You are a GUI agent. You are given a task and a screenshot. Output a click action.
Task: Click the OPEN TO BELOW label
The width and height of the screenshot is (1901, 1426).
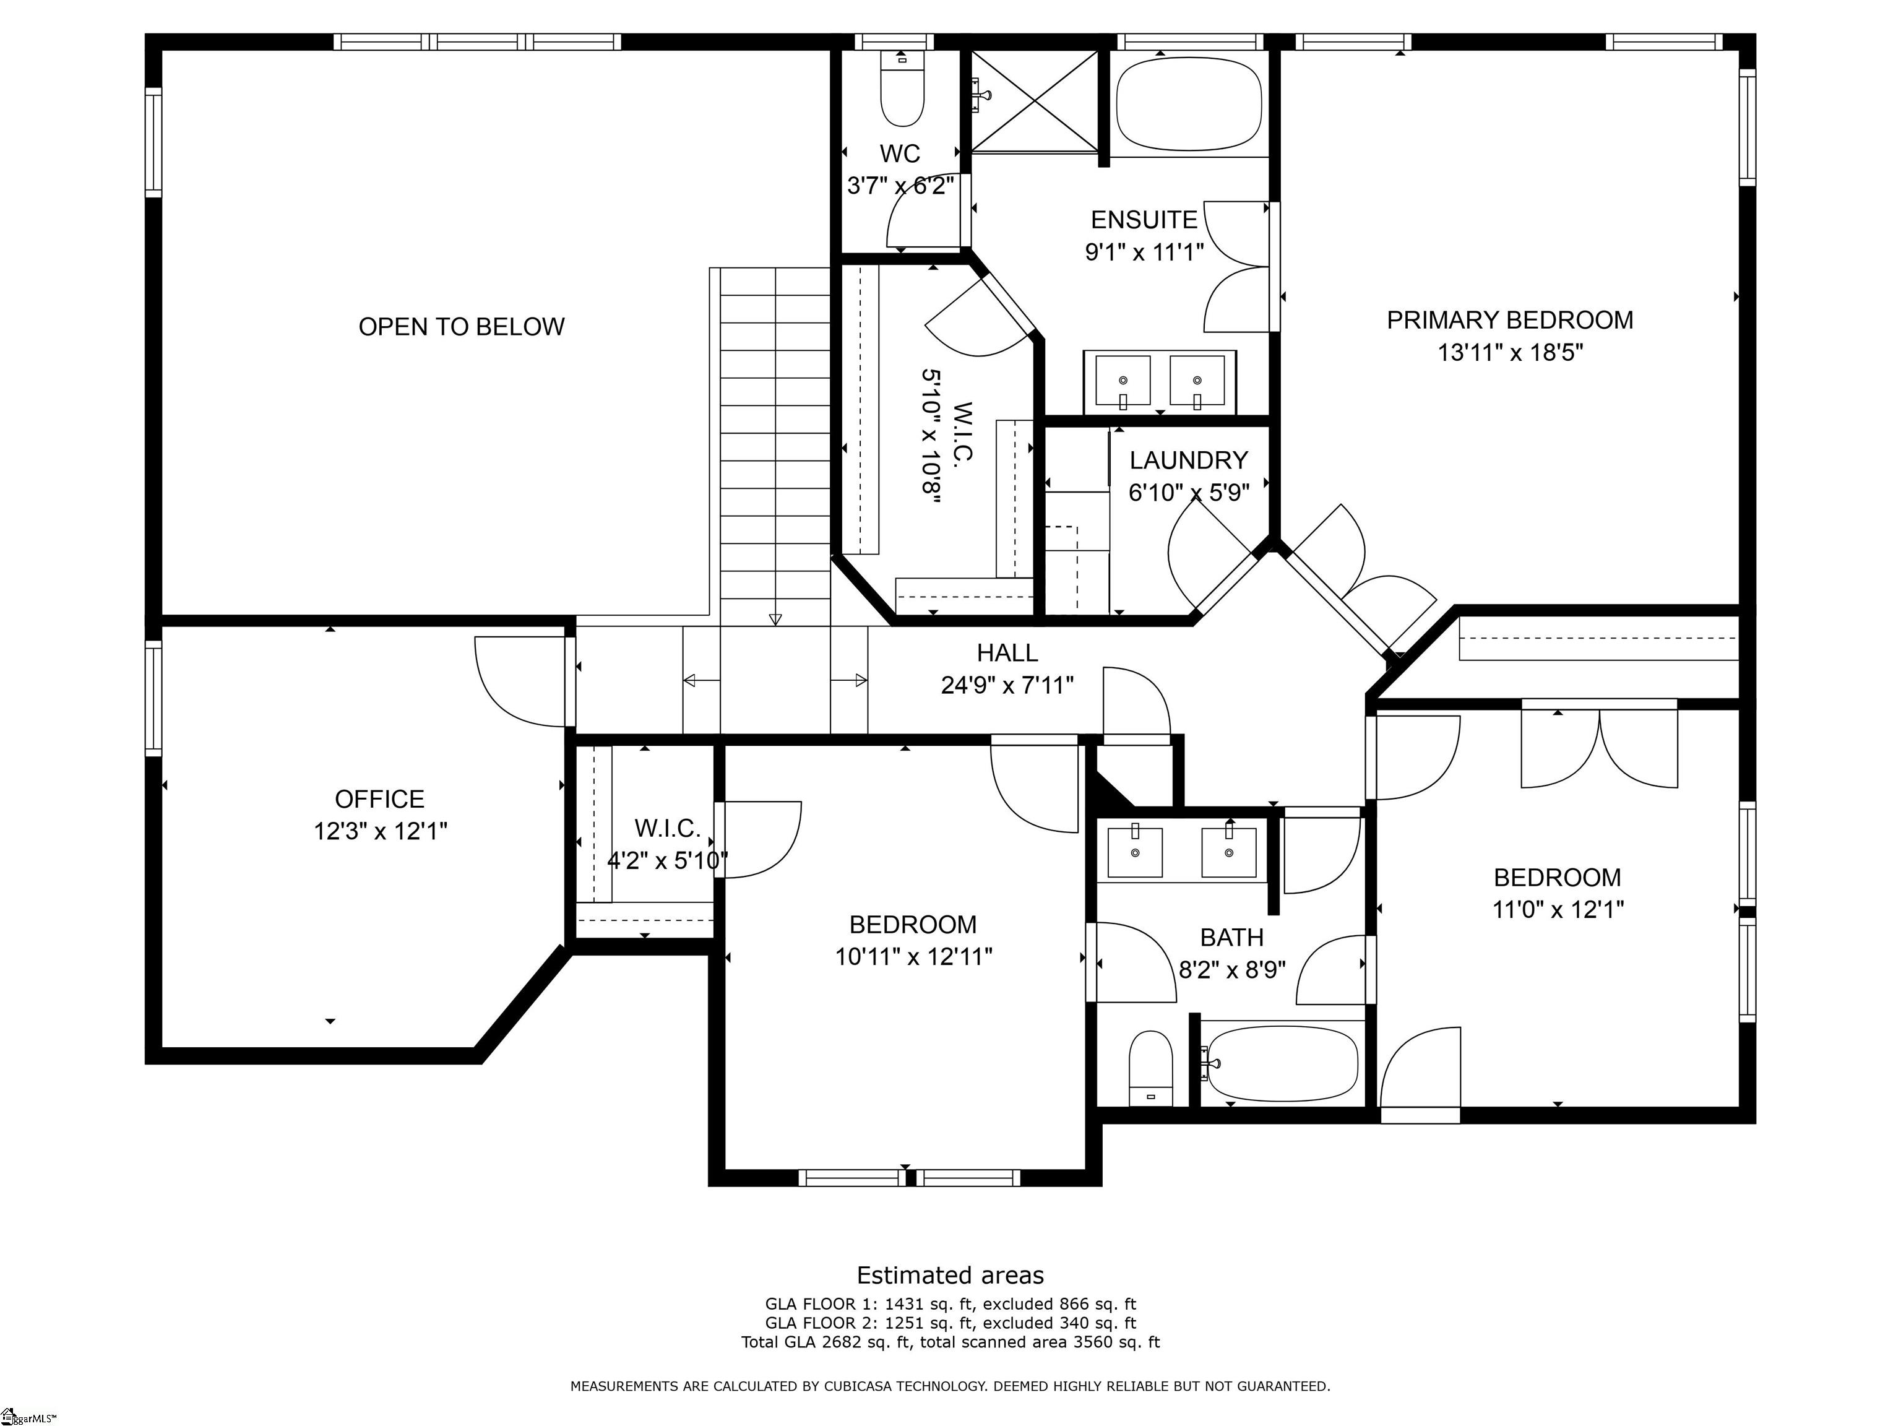point(462,327)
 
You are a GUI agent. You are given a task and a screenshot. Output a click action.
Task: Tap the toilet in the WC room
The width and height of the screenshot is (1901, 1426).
point(902,91)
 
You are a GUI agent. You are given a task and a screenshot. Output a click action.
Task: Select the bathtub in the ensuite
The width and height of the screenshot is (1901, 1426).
point(1189,104)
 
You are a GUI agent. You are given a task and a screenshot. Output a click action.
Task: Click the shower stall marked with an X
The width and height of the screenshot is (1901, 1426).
point(1035,100)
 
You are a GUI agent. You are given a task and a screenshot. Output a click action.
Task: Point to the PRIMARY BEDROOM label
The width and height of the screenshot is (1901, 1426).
point(1509,321)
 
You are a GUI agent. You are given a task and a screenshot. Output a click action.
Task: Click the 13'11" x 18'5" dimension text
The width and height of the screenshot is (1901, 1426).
point(1509,352)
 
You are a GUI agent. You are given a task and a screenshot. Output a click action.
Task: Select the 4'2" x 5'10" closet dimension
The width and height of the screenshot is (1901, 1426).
point(667,860)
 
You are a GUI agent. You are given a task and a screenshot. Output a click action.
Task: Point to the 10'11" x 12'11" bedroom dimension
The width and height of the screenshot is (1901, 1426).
point(913,957)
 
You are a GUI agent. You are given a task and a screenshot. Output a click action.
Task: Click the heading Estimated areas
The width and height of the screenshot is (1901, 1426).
point(950,1275)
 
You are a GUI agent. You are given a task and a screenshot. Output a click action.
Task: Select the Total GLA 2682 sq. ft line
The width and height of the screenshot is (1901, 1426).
point(950,1342)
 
